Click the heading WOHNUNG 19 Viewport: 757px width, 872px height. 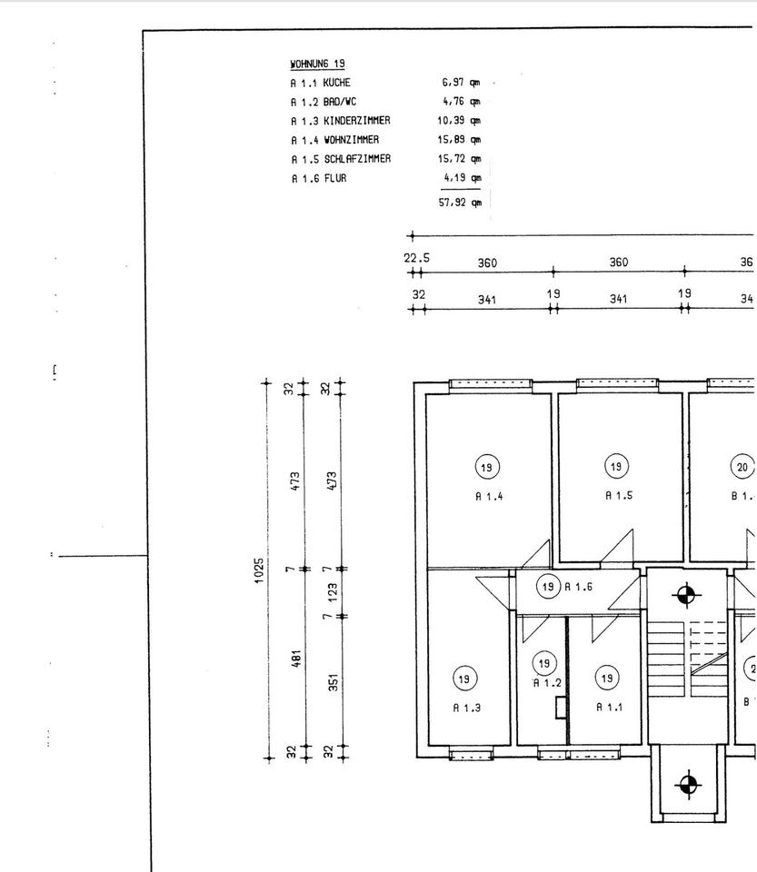tap(317, 64)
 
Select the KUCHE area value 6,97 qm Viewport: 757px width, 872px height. tap(460, 83)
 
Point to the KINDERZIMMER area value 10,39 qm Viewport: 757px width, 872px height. tap(459, 121)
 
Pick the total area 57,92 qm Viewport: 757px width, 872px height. tap(459, 203)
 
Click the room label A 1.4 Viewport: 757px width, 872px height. tap(489, 496)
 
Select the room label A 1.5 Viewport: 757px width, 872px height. tap(618, 496)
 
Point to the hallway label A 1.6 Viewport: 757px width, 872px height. tap(579, 588)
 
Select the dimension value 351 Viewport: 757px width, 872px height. tap(334, 681)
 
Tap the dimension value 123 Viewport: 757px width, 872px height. tap(334, 594)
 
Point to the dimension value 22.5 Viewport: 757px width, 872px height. tap(417, 259)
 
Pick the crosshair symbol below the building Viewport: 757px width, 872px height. tap(689, 783)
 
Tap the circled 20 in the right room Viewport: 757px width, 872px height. tap(742, 467)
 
